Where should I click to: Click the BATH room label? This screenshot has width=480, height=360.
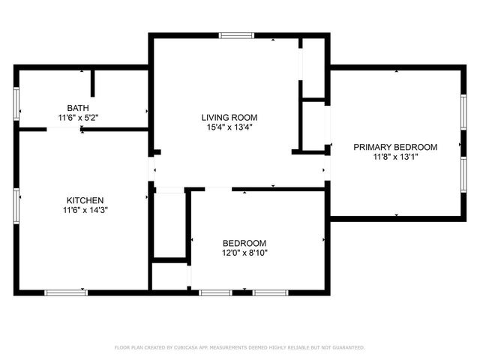pos(77,108)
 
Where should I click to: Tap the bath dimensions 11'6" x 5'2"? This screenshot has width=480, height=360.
pos(78,118)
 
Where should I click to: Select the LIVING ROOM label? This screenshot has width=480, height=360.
pos(229,117)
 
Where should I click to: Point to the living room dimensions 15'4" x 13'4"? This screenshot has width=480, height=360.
pos(229,127)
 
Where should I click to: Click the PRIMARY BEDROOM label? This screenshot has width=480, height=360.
pos(395,147)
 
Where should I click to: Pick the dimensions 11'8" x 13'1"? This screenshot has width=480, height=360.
pos(395,157)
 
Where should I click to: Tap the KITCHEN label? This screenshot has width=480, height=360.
pos(85,201)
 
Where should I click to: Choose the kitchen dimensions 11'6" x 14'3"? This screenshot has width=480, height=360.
pos(85,211)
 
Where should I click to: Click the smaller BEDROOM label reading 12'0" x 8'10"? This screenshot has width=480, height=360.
pos(244,243)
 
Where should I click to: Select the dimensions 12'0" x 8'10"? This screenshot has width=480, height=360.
pos(244,253)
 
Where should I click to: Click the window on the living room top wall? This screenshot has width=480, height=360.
pos(236,34)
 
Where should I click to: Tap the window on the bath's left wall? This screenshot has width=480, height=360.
pos(16,104)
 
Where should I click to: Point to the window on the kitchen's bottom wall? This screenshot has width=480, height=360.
pos(65,292)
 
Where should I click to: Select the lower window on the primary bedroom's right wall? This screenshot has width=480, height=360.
pos(463,175)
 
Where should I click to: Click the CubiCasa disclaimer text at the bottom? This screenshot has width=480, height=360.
pos(239,347)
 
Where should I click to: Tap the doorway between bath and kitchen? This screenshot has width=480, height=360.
pos(64,129)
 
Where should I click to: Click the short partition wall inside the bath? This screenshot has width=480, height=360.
pos(92,83)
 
